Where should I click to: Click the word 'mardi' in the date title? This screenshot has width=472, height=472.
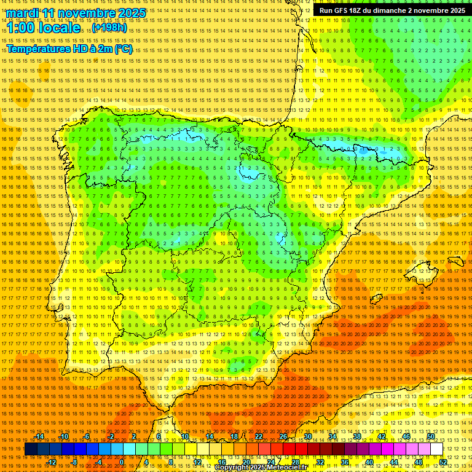[x=23, y=13]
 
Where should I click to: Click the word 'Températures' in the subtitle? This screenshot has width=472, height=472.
[x=39, y=49]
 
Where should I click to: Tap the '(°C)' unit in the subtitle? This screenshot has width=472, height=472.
[x=123, y=49]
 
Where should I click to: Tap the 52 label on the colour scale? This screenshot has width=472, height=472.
[x=443, y=462]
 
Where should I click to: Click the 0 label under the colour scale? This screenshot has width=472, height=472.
[x=122, y=462]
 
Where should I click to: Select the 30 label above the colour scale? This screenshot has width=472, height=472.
[x=307, y=436]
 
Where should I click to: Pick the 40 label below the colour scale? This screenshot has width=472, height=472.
[x=369, y=462]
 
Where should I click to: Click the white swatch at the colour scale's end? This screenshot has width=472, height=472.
[x=436, y=449]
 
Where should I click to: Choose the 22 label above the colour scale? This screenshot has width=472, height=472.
[x=258, y=436]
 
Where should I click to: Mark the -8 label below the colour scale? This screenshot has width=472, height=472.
[x=75, y=462]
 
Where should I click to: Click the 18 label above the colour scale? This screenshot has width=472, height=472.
[x=234, y=436]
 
